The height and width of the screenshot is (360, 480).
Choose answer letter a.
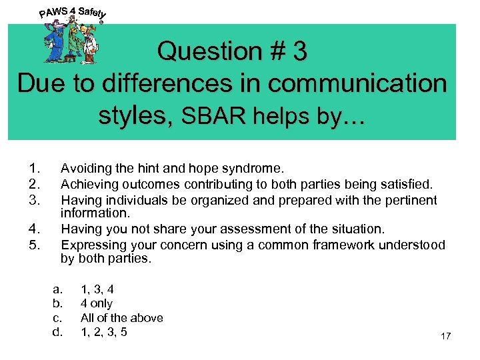click(57, 289)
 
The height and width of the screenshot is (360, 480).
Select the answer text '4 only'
click(97, 303)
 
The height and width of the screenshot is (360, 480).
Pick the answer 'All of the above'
click(121, 317)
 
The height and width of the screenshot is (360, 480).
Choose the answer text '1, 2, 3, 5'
click(104, 331)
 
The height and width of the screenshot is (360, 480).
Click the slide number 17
click(445, 337)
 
